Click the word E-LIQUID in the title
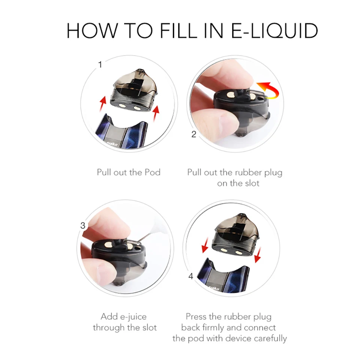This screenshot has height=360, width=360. [274, 30]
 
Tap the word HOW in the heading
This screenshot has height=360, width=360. [92, 30]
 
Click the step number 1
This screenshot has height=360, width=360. [100, 64]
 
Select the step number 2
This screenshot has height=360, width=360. [194, 134]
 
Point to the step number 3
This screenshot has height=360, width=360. [82, 225]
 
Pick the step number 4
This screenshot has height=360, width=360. [190, 276]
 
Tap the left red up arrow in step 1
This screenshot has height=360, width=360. [103, 103]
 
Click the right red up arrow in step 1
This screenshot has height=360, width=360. [156, 112]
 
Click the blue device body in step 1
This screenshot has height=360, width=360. [121, 133]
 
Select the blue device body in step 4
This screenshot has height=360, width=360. [223, 278]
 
